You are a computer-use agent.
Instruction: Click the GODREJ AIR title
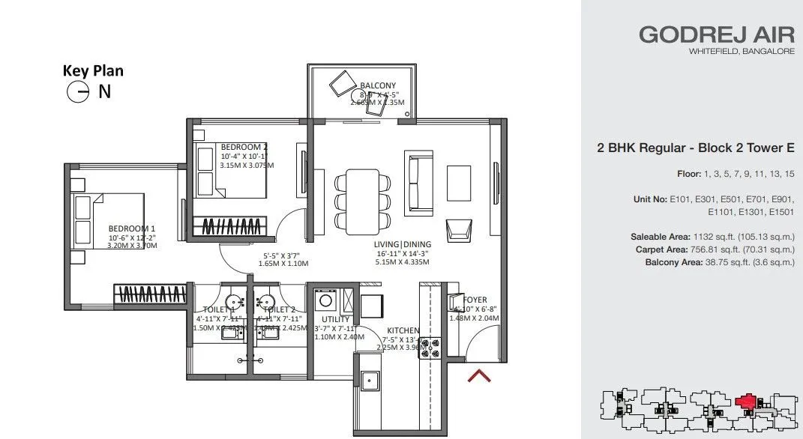[716, 34]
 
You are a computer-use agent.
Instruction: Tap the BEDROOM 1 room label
[132, 228]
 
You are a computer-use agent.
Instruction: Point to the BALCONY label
[378, 85]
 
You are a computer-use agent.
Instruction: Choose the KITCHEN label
[403, 330]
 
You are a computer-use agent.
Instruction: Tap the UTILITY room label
[335, 319]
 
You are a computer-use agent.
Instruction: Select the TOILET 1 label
[220, 309]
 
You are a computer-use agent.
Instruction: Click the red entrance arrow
[479, 375]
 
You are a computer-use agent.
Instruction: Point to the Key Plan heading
[93, 71]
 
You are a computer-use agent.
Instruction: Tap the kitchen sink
[370, 381]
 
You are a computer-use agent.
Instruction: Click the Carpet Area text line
[715, 249]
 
